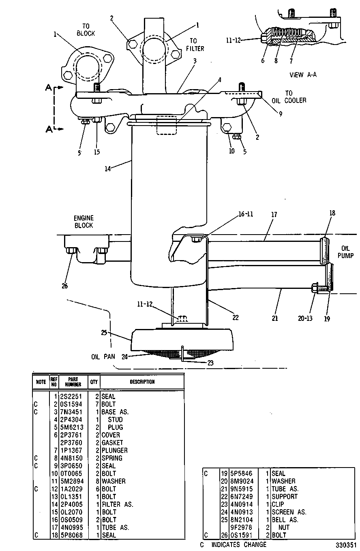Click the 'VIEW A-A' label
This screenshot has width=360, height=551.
(x=303, y=75)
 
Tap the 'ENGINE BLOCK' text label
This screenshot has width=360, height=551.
(x=84, y=222)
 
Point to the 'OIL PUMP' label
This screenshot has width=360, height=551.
(x=345, y=252)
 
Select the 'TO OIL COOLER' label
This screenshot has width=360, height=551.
(x=289, y=97)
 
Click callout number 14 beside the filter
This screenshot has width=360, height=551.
(x=107, y=169)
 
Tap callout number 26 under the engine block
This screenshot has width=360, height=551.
(x=64, y=286)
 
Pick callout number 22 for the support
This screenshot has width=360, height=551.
(x=236, y=318)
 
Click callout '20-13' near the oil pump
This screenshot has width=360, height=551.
(x=305, y=318)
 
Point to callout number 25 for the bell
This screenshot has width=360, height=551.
(x=104, y=333)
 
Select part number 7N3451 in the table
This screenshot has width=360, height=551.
(x=71, y=412)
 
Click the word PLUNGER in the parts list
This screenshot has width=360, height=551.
(x=115, y=450)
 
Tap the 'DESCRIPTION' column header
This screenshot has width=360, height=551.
(x=142, y=382)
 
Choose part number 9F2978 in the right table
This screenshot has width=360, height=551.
(x=241, y=527)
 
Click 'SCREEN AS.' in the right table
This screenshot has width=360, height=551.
(x=289, y=512)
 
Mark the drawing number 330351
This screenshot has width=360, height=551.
(x=346, y=545)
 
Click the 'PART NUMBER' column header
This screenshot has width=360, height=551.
(x=73, y=382)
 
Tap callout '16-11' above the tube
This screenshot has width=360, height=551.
(x=246, y=214)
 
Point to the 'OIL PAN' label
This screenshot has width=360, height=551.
(x=103, y=357)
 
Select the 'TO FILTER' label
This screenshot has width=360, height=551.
(x=195, y=45)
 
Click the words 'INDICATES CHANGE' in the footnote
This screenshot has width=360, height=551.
(x=239, y=545)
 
